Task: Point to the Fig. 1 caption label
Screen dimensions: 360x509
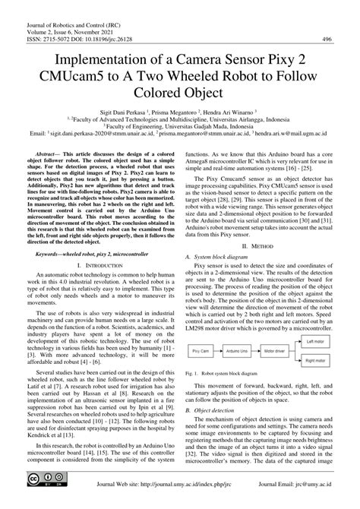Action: point(197,375)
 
